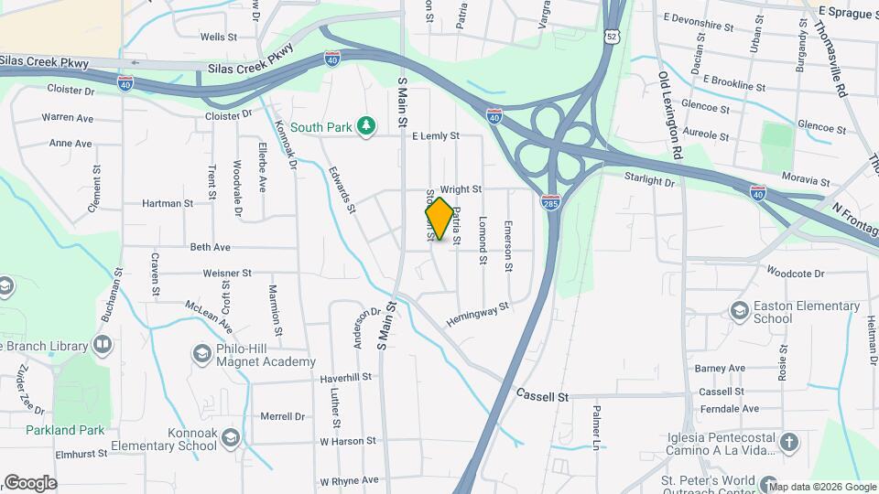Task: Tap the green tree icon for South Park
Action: click(366, 125)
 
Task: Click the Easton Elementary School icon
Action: click(737, 313)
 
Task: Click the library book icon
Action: click(103, 346)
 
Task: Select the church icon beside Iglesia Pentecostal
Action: click(788, 444)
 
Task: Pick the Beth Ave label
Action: click(210, 247)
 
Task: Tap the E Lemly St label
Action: click(435, 135)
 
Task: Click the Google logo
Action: click(30, 483)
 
